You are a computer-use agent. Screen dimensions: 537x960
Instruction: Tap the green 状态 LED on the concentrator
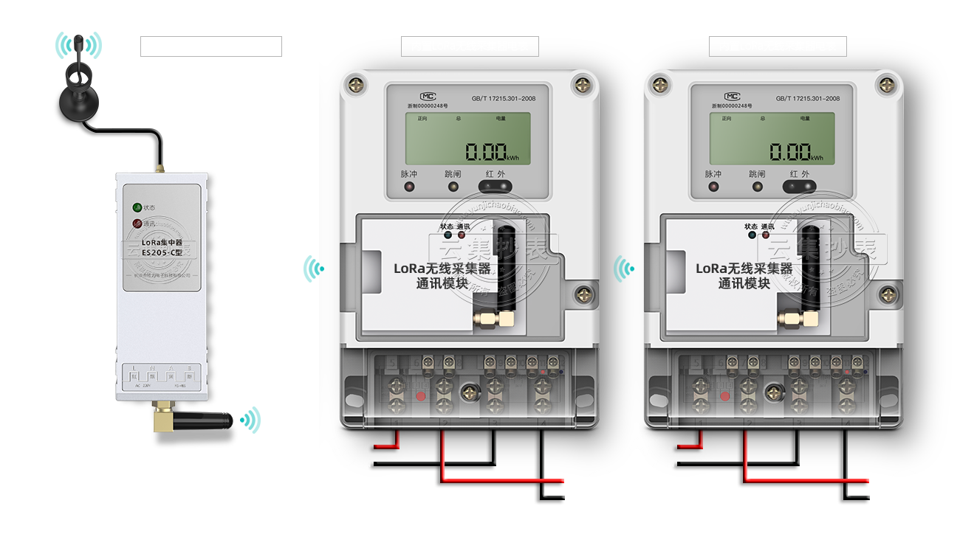[137, 208]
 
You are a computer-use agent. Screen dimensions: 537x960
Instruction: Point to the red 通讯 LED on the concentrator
[137, 224]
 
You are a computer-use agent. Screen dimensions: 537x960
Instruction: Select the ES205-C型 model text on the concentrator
[162, 253]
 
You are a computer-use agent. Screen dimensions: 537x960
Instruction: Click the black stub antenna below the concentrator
[204, 421]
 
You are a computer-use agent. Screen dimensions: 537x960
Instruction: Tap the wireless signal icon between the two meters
[625, 270]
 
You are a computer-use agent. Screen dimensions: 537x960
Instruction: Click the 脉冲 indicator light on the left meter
[409, 187]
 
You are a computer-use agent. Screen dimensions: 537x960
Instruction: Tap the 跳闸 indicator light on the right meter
[758, 187]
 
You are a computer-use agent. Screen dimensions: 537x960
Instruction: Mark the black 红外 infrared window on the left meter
[497, 187]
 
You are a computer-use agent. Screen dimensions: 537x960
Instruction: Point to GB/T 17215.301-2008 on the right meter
[807, 98]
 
